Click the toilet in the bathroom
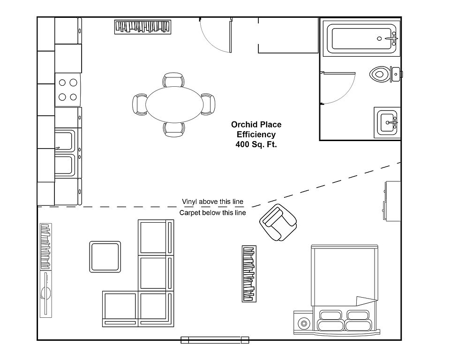pyautogui.click(x=385, y=74)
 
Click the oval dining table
pyautogui.click(x=174, y=105)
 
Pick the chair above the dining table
pyautogui.click(x=173, y=79)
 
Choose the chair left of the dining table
pyautogui.click(x=139, y=105)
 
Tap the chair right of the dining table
pyautogui.click(x=208, y=105)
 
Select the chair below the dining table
pyautogui.click(x=174, y=130)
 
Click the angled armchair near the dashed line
pyautogui.click(x=278, y=222)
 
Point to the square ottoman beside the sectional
pyautogui.click(x=105, y=257)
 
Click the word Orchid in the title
pyautogui.click(x=243, y=125)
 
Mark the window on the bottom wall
pyautogui.click(x=215, y=340)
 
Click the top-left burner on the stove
pyautogui.click(x=62, y=82)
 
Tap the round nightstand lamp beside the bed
pyautogui.click(x=304, y=323)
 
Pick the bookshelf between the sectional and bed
pyautogui.click(x=249, y=274)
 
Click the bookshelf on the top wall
pyautogui.click(x=143, y=27)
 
